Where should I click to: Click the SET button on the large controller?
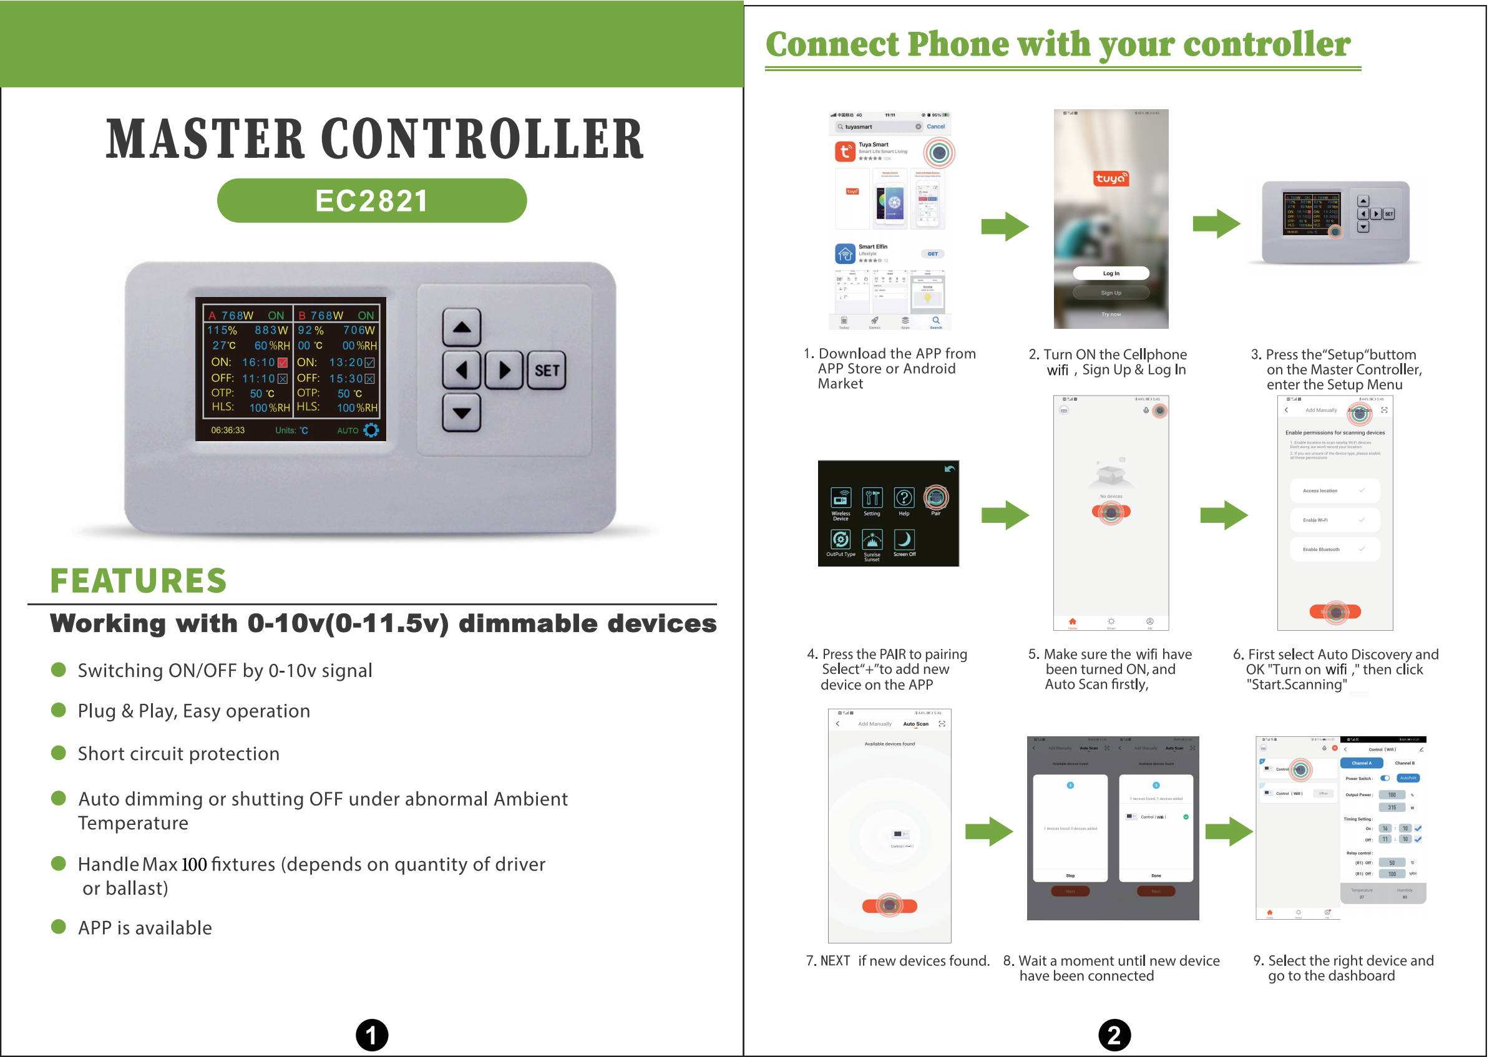click(547, 371)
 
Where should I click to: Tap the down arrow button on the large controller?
click(462, 412)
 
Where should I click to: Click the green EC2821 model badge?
click(372, 200)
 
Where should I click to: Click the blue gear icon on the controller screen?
click(371, 430)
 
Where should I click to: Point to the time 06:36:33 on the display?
click(228, 430)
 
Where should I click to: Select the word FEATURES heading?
click(138, 580)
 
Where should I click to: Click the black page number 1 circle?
click(372, 1035)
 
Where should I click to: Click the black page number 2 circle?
click(1114, 1035)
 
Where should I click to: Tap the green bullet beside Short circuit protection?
click(59, 753)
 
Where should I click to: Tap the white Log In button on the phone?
click(1111, 273)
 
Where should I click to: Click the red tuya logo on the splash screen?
click(1111, 178)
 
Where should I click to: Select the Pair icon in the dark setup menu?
click(936, 499)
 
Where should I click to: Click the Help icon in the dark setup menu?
click(904, 499)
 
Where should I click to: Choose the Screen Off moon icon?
click(904, 540)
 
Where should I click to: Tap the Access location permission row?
click(1335, 490)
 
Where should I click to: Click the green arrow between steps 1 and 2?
click(1005, 226)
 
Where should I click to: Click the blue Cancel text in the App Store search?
click(935, 127)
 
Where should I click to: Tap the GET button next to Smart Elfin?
click(932, 254)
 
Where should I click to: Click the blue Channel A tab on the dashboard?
click(1361, 763)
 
